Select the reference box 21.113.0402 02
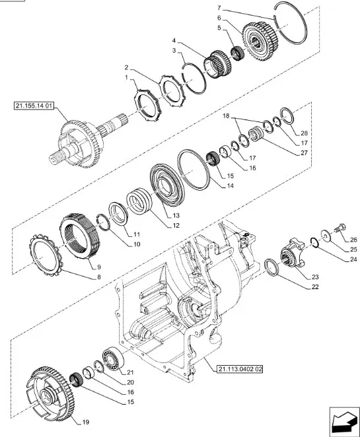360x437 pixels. coord(233,368)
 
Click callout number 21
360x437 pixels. coord(130,372)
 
